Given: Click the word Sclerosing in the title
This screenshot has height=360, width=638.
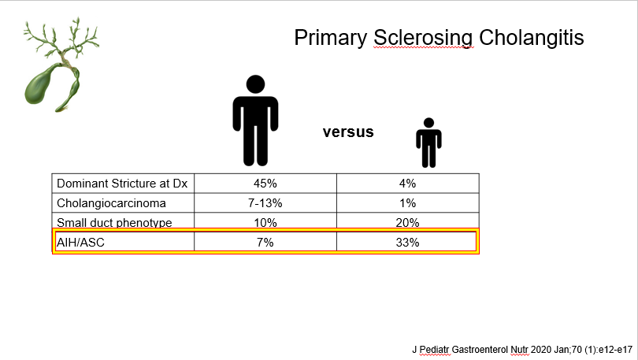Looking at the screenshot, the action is click(x=423, y=39).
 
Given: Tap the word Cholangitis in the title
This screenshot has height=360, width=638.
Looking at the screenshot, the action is click(x=532, y=38).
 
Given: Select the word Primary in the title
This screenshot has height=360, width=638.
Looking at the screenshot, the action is click(x=330, y=39).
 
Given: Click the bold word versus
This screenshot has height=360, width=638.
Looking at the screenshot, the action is click(x=348, y=132).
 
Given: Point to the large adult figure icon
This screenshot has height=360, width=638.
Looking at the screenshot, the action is click(x=255, y=121).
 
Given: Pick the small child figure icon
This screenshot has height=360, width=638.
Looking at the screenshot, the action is click(x=428, y=143).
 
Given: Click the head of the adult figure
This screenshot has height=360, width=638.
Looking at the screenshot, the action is click(x=255, y=84).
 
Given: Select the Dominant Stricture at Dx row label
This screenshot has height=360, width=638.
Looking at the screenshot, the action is click(x=122, y=184).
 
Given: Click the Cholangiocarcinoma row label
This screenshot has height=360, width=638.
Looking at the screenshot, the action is click(x=111, y=203).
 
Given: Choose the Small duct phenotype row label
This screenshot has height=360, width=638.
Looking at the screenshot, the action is click(x=114, y=222).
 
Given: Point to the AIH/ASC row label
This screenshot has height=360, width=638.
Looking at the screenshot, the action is click(x=80, y=243).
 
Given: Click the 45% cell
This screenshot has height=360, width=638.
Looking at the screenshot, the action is click(x=265, y=184).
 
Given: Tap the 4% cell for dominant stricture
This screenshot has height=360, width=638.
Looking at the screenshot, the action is click(x=408, y=184).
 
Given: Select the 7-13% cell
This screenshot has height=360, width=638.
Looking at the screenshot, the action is click(x=265, y=203).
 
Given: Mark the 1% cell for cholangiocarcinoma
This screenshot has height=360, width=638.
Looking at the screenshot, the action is click(x=408, y=203).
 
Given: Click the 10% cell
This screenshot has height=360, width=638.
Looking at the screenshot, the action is click(x=265, y=222).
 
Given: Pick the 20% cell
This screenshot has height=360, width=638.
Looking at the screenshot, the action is click(x=408, y=222).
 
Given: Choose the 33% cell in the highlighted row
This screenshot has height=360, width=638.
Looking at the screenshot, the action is click(x=408, y=243).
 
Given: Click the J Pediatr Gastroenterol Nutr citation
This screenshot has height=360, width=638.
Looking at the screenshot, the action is click(x=522, y=350).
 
